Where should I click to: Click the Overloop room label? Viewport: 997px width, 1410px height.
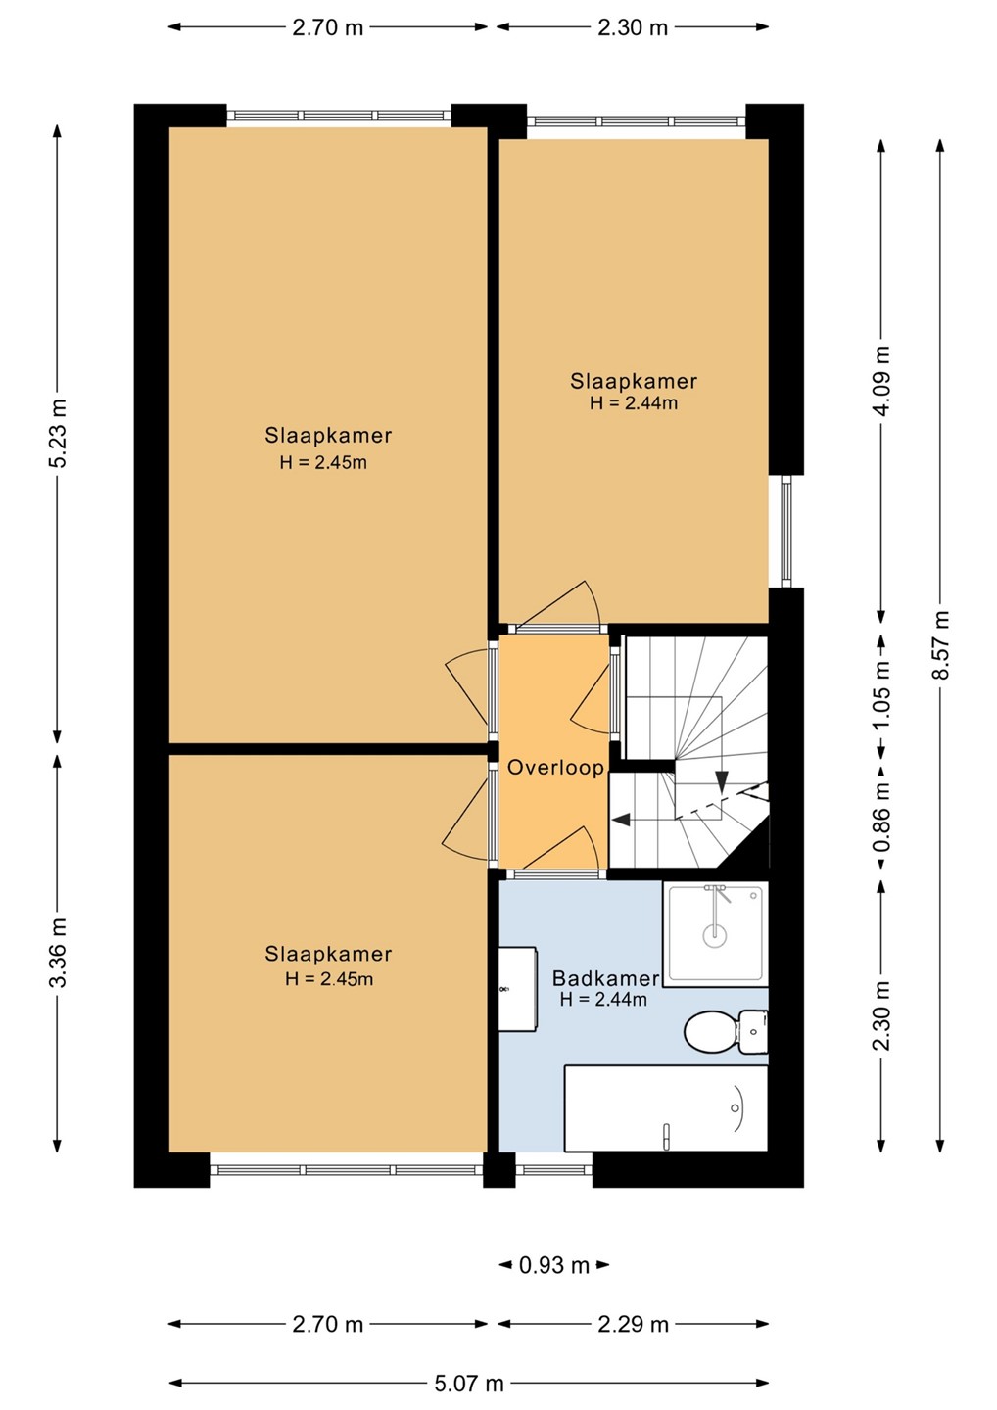(x=555, y=768)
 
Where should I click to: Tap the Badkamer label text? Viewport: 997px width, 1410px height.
(x=605, y=978)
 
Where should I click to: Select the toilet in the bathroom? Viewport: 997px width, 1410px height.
(x=726, y=1031)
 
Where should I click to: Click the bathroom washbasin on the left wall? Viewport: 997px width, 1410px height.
(x=518, y=989)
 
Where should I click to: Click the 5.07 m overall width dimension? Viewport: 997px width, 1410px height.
(x=469, y=1384)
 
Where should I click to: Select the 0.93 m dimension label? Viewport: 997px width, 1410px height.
(x=554, y=1265)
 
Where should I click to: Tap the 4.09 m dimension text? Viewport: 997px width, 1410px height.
(x=881, y=381)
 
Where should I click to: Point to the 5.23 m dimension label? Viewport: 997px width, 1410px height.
(x=58, y=433)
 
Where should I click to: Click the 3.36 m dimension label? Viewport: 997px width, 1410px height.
(x=58, y=953)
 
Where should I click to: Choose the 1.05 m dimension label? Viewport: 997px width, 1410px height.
(x=881, y=694)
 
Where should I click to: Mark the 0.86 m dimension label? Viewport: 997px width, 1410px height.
(x=881, y=817)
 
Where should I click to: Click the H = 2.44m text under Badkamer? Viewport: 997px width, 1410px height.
(x=603, y=999)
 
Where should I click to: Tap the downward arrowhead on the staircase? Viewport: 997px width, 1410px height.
(x=722, y=781)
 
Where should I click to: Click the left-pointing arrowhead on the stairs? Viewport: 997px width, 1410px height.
(x=622, y=820)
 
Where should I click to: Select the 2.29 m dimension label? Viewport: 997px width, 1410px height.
(x=633, y=1325)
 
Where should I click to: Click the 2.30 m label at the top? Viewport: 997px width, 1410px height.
(x=633, y=27)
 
